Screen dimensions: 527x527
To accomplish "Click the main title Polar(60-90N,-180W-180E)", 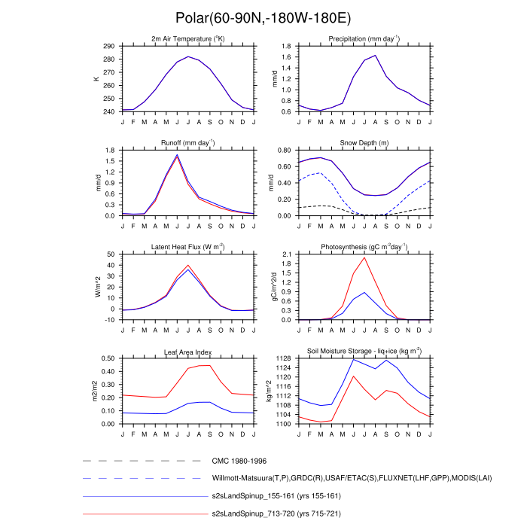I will (263, 18).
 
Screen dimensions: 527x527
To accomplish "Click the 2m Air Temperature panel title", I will (188, 38).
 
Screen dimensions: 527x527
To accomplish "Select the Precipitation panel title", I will (364, 38).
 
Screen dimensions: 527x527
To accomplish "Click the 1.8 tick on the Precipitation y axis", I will (286, 47).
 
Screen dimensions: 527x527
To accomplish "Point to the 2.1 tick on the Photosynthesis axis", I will (286, 254).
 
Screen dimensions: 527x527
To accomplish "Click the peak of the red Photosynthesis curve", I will (364, 257).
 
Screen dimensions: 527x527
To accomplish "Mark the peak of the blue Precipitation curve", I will (375, 55).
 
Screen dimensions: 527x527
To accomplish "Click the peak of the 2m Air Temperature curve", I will (188, 56).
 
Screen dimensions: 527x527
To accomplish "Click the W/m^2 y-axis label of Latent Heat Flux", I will (96, 287).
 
